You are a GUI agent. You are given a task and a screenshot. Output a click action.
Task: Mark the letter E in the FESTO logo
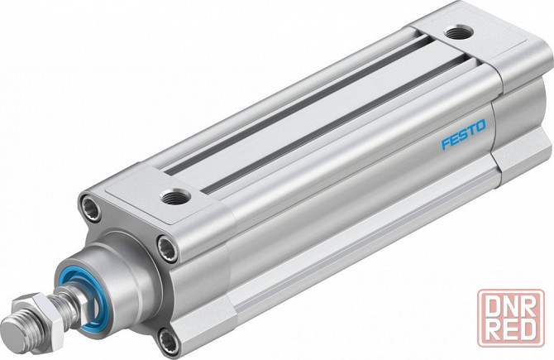452,139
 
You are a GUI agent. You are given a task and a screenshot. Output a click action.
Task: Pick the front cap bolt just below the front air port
166,246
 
